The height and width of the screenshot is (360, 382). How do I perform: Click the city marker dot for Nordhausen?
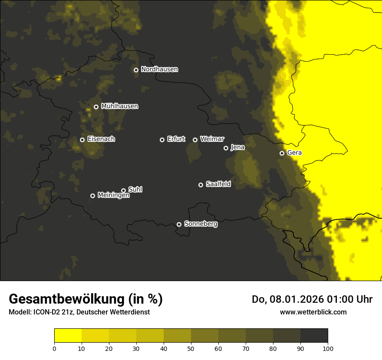point(136,70)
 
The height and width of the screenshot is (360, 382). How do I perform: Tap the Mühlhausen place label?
point(119,106)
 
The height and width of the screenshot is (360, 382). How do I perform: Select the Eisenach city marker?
point(82,140)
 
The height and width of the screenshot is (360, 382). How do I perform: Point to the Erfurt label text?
point(176,139)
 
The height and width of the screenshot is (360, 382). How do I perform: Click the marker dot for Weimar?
point(195,140)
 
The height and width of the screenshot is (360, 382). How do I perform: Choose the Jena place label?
point(237,147)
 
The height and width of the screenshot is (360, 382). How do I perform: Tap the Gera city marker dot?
point(282,153)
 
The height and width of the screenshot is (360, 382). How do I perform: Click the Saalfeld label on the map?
point(218,184)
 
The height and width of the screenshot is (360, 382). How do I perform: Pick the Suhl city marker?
point(123,190)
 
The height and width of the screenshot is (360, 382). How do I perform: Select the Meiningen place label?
point(113,196)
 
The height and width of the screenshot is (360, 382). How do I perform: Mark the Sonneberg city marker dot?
point(179,225)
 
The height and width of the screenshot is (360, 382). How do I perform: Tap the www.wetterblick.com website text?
point(313,312)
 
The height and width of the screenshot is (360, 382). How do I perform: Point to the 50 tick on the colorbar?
point(191,348)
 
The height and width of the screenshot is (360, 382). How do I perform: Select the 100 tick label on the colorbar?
point(328,348)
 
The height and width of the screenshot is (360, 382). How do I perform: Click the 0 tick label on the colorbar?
point(54,348)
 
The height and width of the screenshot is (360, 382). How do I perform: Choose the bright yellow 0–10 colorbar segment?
point(68,336)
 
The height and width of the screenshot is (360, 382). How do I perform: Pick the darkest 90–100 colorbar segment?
point(314,336)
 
